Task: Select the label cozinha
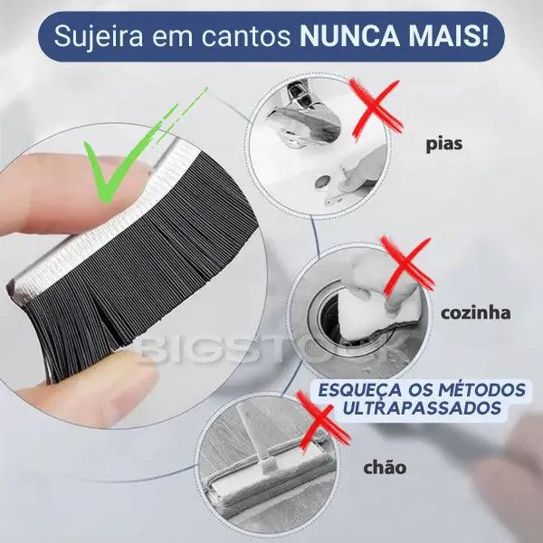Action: click(475, 313)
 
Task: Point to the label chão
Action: click(384, 468)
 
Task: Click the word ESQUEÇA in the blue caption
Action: click(353, 390)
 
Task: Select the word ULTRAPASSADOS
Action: click(422, 409)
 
